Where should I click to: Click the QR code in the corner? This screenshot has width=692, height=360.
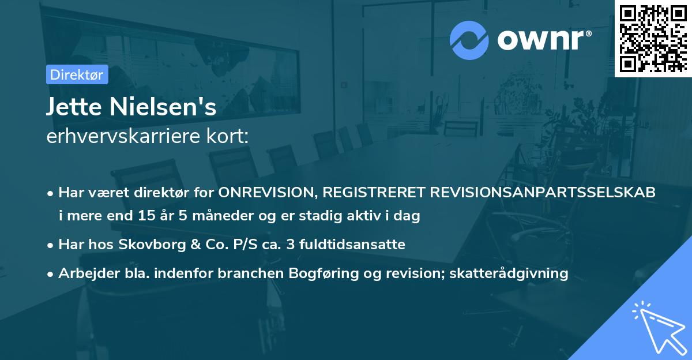(653, 38)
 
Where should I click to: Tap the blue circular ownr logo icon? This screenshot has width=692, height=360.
(469, 40)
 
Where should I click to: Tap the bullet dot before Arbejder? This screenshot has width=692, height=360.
(51, 273)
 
